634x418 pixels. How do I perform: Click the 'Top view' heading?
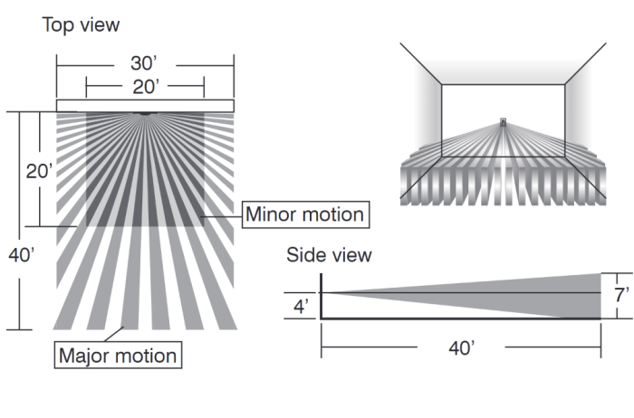[81, 25]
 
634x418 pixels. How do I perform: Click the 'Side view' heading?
[329, 255]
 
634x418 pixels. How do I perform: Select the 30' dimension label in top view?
[143, 63]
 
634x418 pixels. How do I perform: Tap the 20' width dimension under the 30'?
[146, 87]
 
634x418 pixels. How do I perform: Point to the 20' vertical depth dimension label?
[39, 172]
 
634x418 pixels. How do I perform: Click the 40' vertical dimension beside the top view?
[22, 255]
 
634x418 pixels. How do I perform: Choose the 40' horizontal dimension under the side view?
[461, 347]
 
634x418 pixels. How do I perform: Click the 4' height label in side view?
[302, 307]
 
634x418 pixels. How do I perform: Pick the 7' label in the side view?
[621, 295]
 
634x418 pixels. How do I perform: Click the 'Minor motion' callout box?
[306, 214]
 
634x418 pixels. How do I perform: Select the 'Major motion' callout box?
[118, 356]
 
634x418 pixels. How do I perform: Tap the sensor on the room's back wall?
[503, 122]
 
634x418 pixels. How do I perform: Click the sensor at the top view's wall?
[144, 113]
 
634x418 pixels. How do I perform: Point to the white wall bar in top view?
[145, 106]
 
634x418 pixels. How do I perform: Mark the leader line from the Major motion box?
[114, 334]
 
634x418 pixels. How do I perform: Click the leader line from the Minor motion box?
[222, 216]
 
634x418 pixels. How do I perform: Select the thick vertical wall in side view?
[321, 297]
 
